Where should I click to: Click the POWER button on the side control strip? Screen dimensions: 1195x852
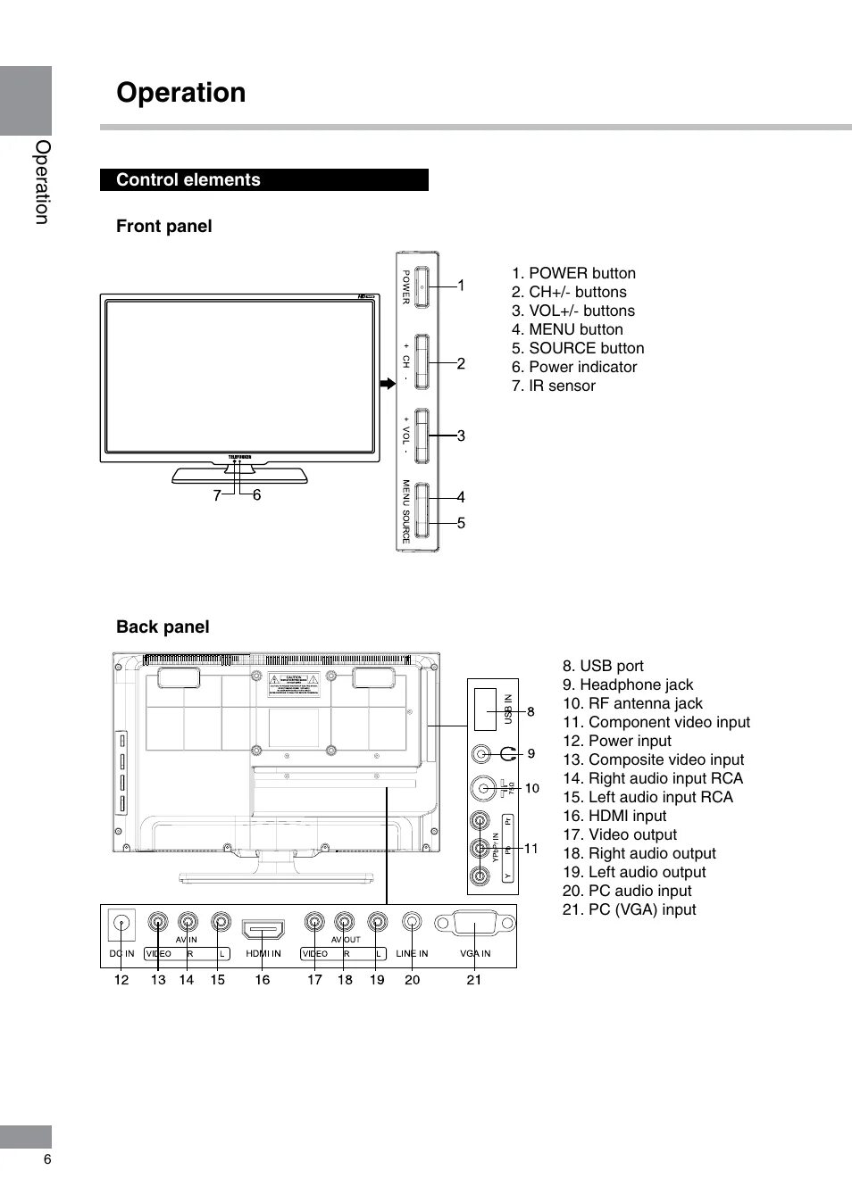pos(422,287)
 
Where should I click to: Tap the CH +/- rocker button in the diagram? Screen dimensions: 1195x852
pos(422,361)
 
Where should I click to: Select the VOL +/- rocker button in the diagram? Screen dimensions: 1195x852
pos(422,436)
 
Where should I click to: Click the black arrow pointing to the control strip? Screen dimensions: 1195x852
pos(387,383)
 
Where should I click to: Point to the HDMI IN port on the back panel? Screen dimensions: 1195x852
pos(263,930)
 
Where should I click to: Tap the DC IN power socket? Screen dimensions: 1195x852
pos(121,924)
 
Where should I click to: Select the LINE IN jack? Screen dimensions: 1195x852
pos(412,922)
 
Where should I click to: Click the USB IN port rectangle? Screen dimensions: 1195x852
pos(485,710)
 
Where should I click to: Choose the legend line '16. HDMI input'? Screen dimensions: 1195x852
pos(614,816)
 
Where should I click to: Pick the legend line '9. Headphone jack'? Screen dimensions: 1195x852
pos(627,685)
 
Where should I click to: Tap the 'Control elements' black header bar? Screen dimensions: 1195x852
pos(264,179)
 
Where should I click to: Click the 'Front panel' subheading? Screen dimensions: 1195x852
pos(164,226)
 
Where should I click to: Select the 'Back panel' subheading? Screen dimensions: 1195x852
pos(163,627)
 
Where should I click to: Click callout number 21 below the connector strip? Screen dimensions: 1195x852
pos(473,980)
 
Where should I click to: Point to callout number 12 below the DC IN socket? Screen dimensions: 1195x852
pos(121,980)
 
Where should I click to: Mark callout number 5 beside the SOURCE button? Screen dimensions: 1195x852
pos(461,523)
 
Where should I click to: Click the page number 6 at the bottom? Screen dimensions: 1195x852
pos(47,1159)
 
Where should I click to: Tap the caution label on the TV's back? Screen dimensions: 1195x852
pos(294,684)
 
